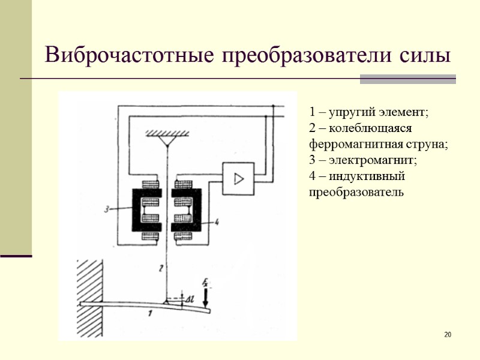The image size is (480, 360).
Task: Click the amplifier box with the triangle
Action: point(239,178)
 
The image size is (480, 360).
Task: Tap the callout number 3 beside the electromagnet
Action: point(106,209)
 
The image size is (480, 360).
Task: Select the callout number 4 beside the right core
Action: point(217,223)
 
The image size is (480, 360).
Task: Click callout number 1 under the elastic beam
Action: point(150,312)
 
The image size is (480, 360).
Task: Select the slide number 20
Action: point(447,334)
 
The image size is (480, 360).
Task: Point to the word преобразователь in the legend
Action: point(356,193)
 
